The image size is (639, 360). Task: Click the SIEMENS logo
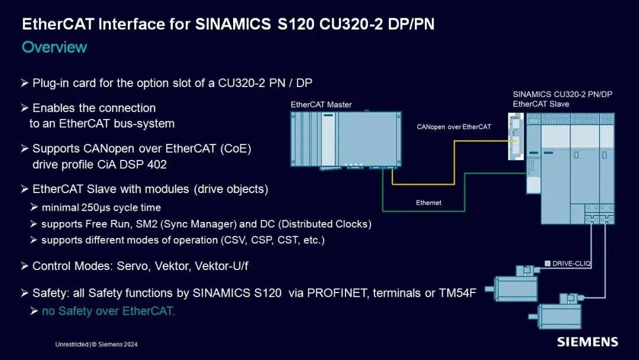(587, 342)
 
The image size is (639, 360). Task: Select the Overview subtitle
(54, 47)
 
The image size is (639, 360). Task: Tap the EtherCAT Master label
(321, 105)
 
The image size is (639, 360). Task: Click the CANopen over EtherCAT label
(454, 127)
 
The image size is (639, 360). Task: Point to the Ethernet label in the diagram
(428, 202)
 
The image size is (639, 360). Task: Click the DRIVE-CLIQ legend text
(572, 262)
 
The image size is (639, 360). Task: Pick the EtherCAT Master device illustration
(346, 140)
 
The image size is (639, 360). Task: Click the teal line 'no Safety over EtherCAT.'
(108, 311)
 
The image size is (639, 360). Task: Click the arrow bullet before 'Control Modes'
(24, 266)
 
